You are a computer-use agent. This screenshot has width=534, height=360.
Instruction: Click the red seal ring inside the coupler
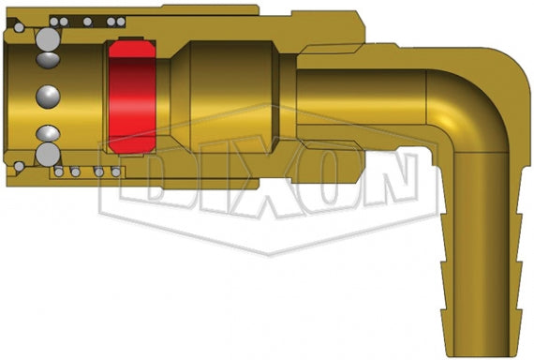click(131, 97)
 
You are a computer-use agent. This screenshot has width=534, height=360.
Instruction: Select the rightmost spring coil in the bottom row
click(115, 172)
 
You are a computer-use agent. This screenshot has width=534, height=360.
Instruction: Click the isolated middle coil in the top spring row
click(87, 21)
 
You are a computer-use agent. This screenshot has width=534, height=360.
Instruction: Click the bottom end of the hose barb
click(485, 349)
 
